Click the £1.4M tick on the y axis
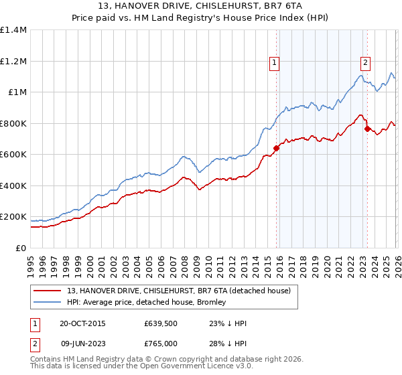(x=13, y=30)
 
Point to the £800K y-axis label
(x=13, y=123)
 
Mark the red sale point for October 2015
(x=276, y=149)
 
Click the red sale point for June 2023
(x=366, y=129)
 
